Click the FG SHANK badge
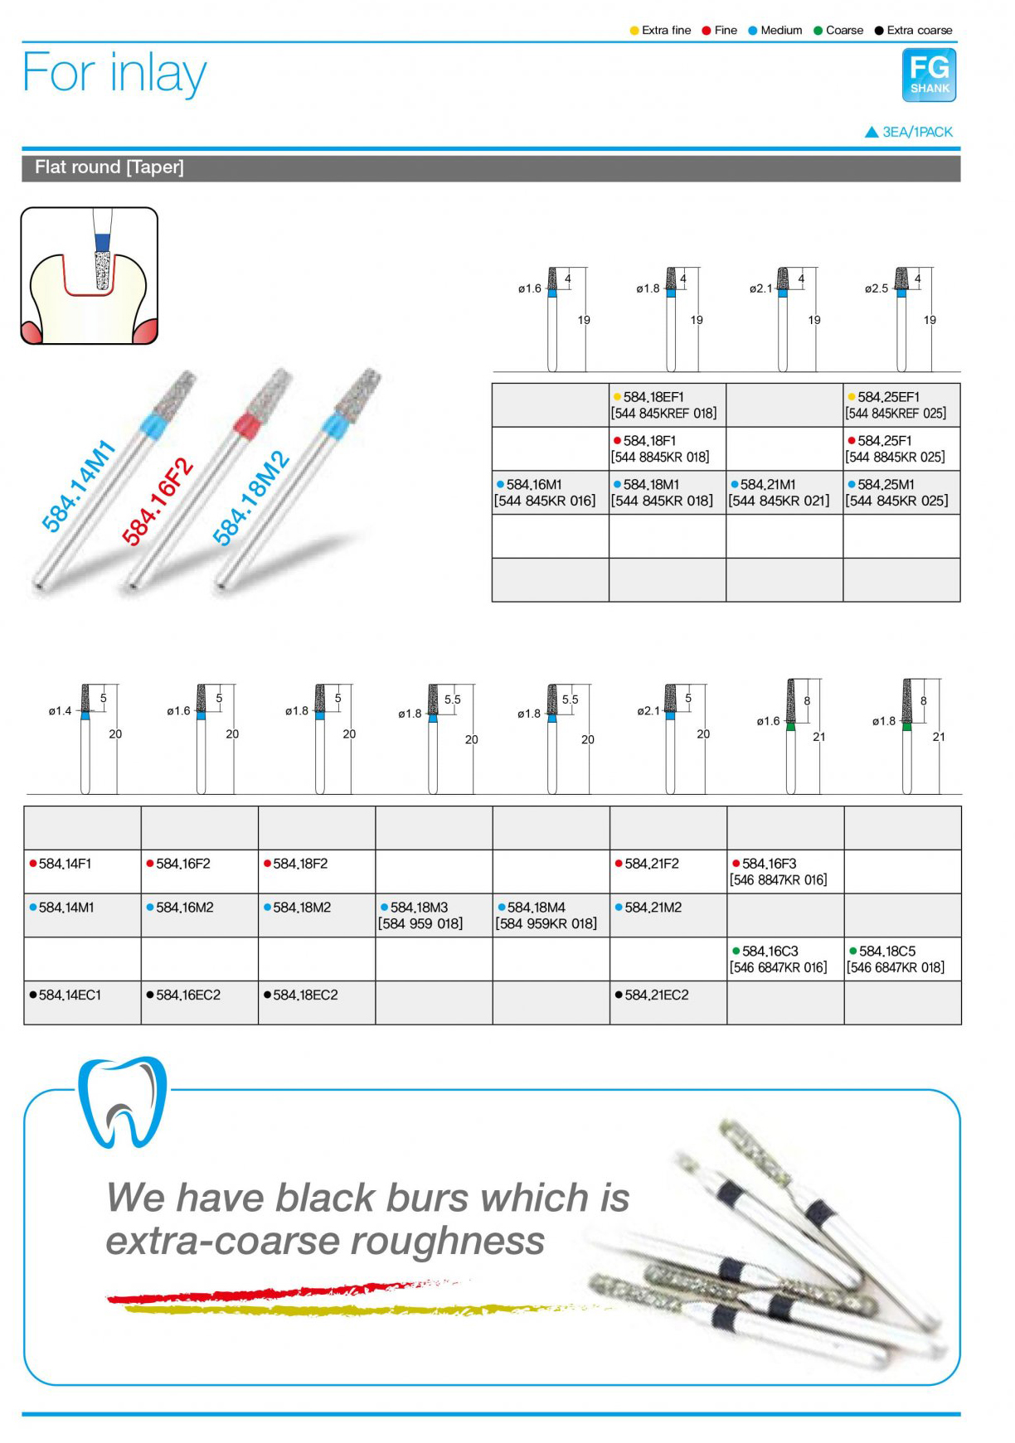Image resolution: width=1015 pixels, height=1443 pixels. pyautogui.click(x=929, y=75)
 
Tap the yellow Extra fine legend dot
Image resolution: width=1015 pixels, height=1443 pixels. pyautogui.click(x=634, y=31)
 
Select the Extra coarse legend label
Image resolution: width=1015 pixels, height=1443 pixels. pyautogui.click(x=920, y=31)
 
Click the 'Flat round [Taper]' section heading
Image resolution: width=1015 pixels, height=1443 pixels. pyautogui.click(x=109, y=167)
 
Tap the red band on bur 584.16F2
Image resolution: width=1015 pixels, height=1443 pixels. pyautogui.click(x=248, y=427)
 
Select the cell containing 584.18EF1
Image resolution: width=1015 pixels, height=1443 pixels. pyautogui.click(x=668, y=405)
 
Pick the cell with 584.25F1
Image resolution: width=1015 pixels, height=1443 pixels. pyautogui.click(x=901, y=449)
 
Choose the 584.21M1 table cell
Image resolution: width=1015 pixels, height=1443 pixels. pyautogui.click(x=784, y=493)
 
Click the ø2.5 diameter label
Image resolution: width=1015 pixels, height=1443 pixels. pyautogui.click(x=877, y=289)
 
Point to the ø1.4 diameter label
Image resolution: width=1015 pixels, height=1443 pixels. pyautogui.click(x=61, y=711)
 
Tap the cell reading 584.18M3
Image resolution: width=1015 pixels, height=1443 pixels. pyautogui.click(x=434, y=916)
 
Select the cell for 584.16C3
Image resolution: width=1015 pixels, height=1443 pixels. pyautogui.click(x=785, y=960)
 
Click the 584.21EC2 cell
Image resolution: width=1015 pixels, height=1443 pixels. pyautogui.click(x=668, y=1003)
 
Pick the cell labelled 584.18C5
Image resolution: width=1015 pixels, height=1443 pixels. pyautogui.click(x=903, y=960)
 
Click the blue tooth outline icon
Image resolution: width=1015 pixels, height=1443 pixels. pyautogui.click(x=123, y=1102)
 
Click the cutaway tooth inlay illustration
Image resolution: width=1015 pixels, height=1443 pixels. pyautogui.click(x=90, y=276)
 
